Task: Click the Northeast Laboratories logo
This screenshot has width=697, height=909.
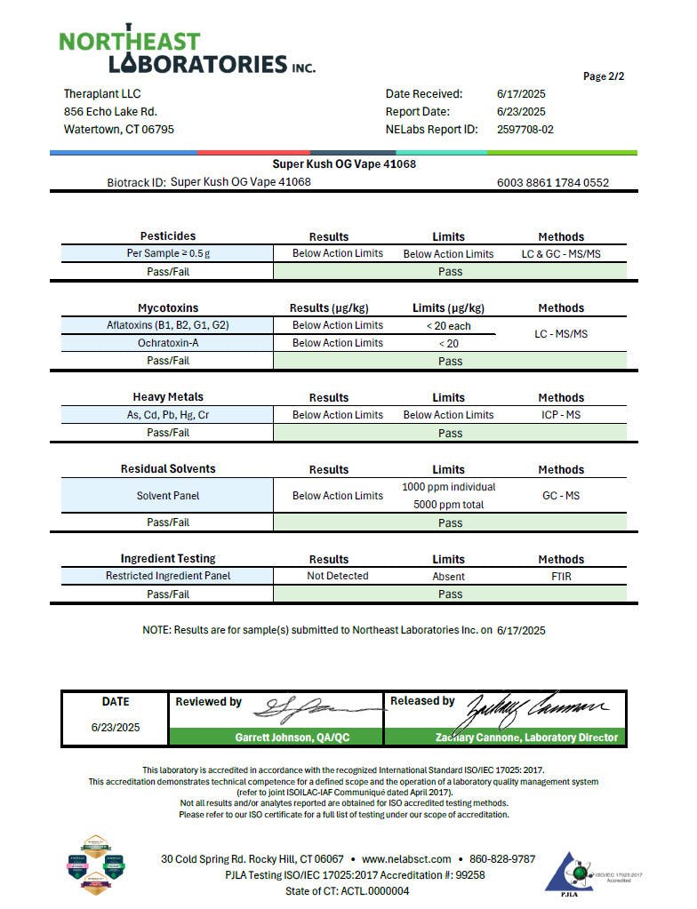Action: point(187,51)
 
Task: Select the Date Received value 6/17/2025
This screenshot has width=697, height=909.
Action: point(521,93)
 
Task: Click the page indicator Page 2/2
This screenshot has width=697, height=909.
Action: point(604,76)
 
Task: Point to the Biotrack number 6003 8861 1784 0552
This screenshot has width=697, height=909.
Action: point(553,183)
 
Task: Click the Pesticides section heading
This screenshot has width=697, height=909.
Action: point(168,236)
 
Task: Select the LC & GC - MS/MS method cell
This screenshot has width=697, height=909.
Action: point(561,254)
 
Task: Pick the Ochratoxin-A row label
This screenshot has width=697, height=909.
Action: point(168,343)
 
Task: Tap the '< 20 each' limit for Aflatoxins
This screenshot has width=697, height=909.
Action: point(448,326)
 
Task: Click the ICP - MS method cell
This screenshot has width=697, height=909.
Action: point(561,415)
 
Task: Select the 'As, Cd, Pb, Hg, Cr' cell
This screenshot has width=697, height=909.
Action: point(168,415)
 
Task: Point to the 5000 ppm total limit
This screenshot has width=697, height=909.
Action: point(449,505)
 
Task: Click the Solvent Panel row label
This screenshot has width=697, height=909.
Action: point(168,496)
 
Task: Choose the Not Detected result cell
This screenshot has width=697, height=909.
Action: point(338,576)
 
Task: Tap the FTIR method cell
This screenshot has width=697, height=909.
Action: point(561,576)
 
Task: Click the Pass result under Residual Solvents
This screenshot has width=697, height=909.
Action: point(451,522)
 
